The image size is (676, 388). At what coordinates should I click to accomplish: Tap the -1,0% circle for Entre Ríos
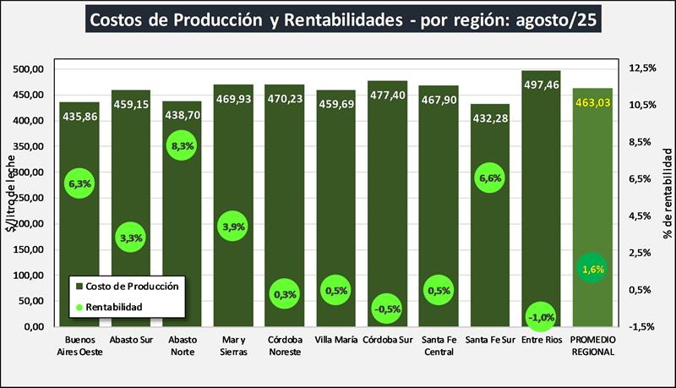(x=542, y=317)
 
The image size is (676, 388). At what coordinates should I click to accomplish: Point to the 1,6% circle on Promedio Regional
(x=592, y=269)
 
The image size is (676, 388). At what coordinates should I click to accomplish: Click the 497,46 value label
(x=542, y=85)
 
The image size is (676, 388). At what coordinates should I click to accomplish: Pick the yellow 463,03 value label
(x=592, y=103)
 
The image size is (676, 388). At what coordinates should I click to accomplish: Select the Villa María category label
(x=336, y=342)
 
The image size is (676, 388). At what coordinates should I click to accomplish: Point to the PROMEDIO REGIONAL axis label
(x=592, y=347)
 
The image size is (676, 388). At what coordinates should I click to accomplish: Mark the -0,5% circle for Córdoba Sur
(x=388, y=309)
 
